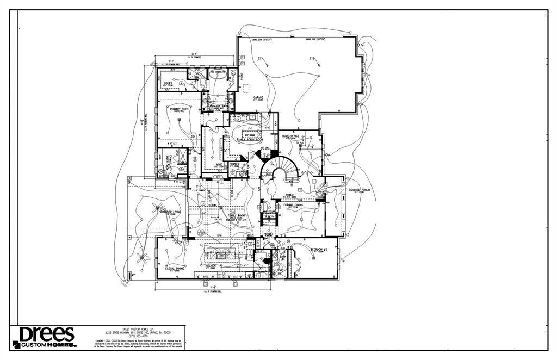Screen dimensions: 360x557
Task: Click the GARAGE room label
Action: pyautogui.click(x=258, y=97)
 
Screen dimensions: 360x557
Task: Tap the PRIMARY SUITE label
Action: pyautogui.click(x=179, y=109)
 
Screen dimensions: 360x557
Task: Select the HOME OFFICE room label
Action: pyautogui.click(x=292, y=136)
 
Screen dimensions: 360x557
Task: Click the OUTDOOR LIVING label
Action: pyautogui.click(x=170, y=212)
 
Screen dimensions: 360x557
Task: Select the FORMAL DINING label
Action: pyautogui.click(x=293, y=204)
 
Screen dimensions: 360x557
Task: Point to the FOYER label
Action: pyautogui.click(x=289, y=194)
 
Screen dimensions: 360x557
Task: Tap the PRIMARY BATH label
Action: pyautogui.click(x=218, y=106)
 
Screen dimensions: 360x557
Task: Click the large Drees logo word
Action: pyautogui.click(x=47, y=334)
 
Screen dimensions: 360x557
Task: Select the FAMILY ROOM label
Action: pyautogui.click(x=236, y=215)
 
